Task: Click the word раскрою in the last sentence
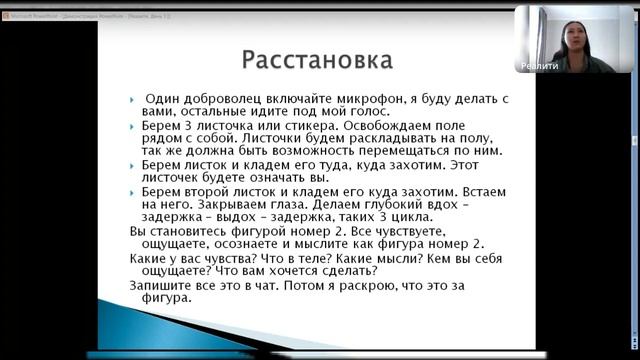pyautogui.click(x=376, y=284)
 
